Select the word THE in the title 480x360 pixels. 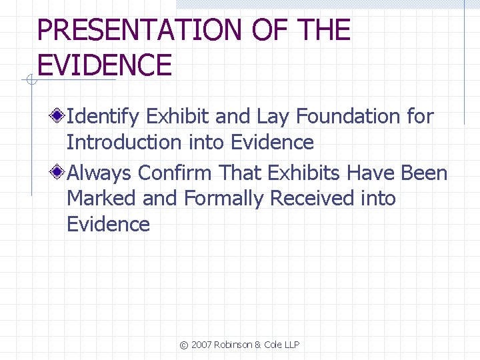[325, 31]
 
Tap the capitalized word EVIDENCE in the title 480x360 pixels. [105, 65]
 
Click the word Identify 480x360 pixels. [103, 117]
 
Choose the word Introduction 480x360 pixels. [124, 142]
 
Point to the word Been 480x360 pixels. [424, 173]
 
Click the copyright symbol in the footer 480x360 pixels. [184, 345]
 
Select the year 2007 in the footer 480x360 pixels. [201, 345]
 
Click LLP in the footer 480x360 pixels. [291, 345]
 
